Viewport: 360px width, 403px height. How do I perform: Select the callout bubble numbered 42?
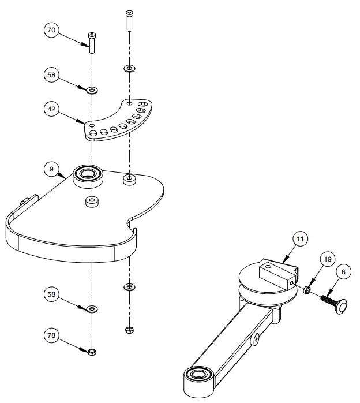(x=52, y=109)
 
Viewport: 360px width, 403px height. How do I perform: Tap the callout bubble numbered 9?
(x=52, y=169)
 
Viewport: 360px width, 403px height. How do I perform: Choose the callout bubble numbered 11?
(x=300, y=238)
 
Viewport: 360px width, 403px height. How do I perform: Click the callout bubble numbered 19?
(x=327, y=260)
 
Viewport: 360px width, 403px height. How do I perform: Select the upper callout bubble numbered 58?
(x=52, y=75)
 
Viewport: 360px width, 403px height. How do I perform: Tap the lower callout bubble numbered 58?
(x=52, y=295)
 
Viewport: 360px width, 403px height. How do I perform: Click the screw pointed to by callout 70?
(x=91, y=43)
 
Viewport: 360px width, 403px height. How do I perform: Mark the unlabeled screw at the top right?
(x=129, y=21)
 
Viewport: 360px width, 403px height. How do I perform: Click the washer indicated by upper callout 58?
(x=91, y=90)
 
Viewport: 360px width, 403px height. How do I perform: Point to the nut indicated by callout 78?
(x=92, y=352)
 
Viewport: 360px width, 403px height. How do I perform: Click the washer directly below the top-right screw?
(x=129, y=69)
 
